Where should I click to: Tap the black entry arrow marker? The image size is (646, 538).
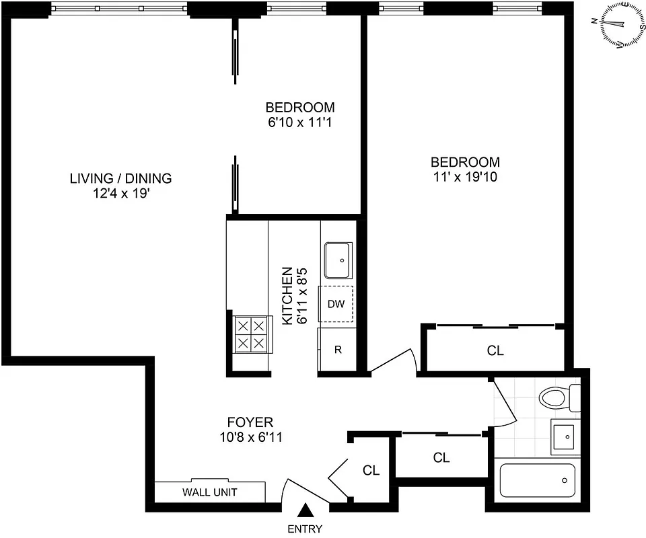coord(306,511)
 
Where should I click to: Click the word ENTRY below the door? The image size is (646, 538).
coord(305,529)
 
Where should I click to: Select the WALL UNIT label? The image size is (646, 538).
coord(209,492)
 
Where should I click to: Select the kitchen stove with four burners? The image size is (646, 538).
coord(250,334)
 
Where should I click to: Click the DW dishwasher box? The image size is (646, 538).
coord(336,304)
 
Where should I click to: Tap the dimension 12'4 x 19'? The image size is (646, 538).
coord(120,194)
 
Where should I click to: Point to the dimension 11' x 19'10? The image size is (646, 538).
coord(465,178)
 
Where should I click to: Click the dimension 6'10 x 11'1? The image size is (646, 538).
coord(299,122)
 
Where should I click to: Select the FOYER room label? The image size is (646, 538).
coord(250,422)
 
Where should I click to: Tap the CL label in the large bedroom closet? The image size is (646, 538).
coord(495,350)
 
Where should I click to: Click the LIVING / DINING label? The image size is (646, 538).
coord(120,178)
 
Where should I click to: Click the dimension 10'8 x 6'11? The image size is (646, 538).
coord(250,438)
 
